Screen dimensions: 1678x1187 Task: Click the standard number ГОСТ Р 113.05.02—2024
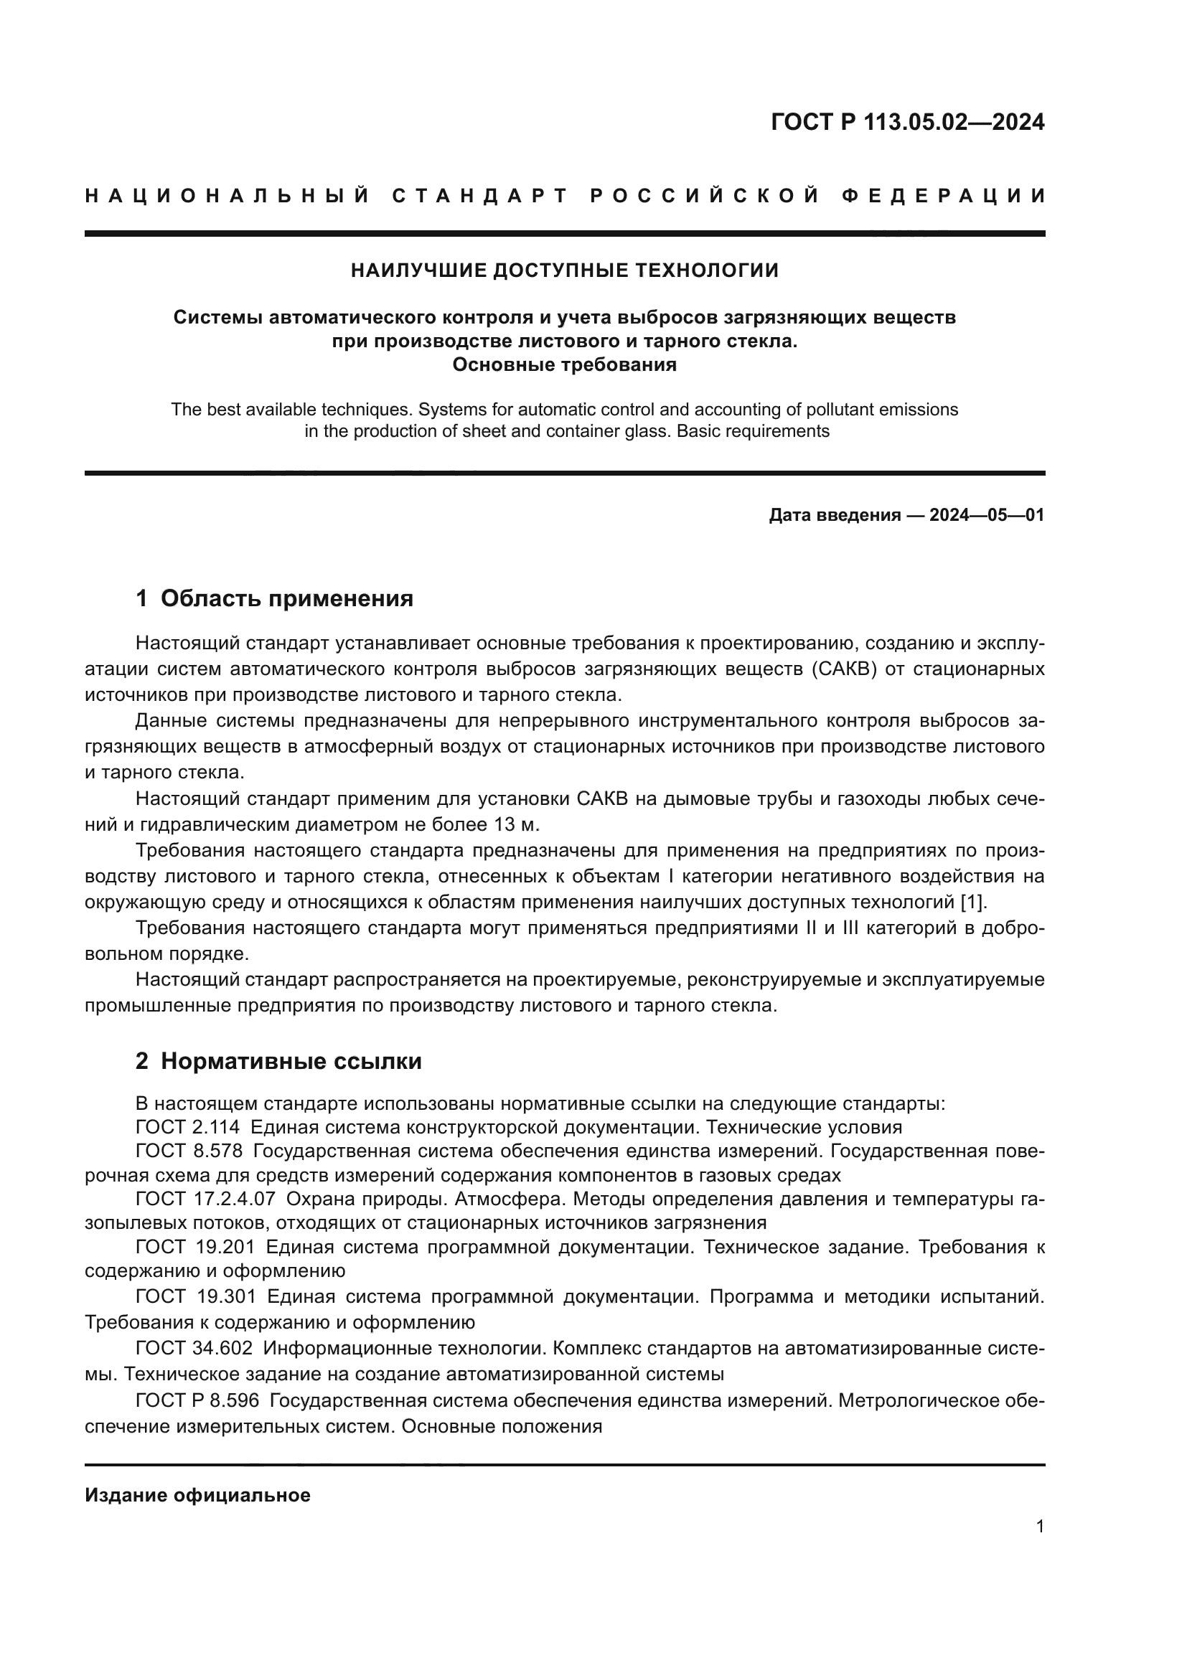click(x=907, y=122)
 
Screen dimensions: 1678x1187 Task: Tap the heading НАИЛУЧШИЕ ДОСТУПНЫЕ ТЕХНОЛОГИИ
click(x=564, y=271)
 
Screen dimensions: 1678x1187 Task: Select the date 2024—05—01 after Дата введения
click(x=986, y=515)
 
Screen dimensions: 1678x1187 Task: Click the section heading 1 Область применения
click(x=274, y=598)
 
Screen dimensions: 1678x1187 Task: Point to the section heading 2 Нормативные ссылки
click(x=278, y=1061)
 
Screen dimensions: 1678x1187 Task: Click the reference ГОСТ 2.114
click(x=187, y=1127)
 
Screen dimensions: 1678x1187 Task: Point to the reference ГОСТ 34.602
click(x=194, y=1349)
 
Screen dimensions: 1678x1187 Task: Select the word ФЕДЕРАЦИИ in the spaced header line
click(x=943, y=196)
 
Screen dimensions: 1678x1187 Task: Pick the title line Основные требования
click(x=564, y=364)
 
